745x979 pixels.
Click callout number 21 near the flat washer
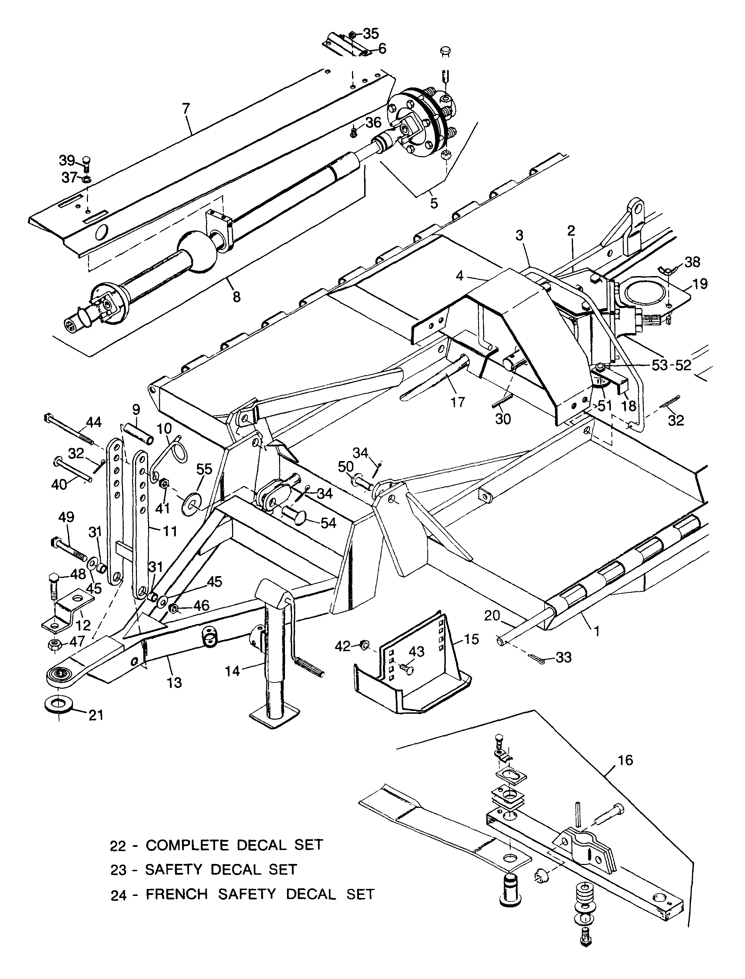[96, 715]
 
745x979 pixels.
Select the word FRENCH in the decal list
[177, 894]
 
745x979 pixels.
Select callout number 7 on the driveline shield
[186, 108]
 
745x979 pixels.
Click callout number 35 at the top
[371, 34]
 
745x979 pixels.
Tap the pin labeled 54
[293, 516]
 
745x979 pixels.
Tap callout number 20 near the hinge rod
[492, 615]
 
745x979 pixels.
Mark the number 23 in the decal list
[119, 870]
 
